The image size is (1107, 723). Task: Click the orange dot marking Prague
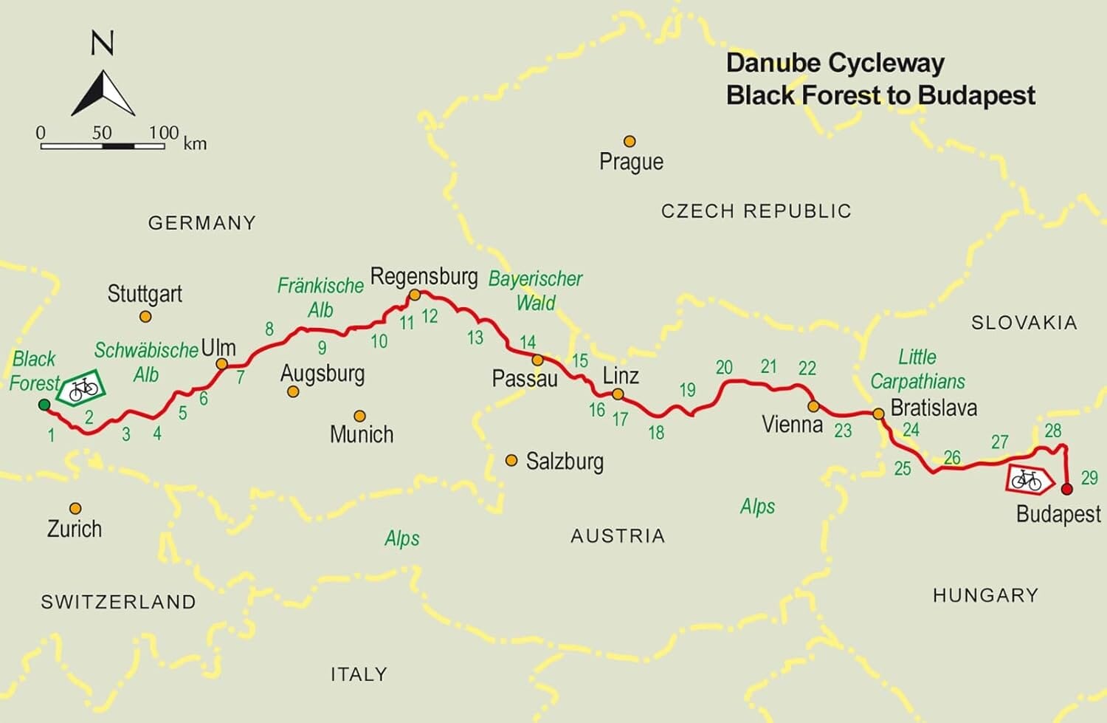[x=630, y=141]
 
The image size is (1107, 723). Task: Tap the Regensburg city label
[x=424, y=277]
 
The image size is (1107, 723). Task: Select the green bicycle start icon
[x=82, y=388]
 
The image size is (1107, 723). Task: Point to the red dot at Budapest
[x=1066, y=489]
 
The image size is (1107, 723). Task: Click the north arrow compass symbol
[x=103, y=93]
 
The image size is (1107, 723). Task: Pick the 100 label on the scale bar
[x=163, y=133]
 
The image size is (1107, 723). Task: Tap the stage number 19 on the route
[x=687, y=390]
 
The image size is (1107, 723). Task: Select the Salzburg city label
[x=565, y=462]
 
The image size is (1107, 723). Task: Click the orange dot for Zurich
[x=75, y=508]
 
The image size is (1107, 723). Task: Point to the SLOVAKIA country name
[x=1024, y=323]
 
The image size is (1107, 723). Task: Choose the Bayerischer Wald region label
[x=536, y=290]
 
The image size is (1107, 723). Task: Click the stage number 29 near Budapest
[x=1089, y=478]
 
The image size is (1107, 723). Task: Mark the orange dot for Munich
[x=359, y=417]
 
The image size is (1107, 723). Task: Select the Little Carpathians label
[x=917, y=369]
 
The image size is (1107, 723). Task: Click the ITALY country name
[x=359, y=674]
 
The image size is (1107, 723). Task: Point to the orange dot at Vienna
[x=813, y=406]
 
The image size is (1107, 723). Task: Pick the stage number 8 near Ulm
[x=269, y=329]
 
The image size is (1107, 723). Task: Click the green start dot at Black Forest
[x=44, y=404]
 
